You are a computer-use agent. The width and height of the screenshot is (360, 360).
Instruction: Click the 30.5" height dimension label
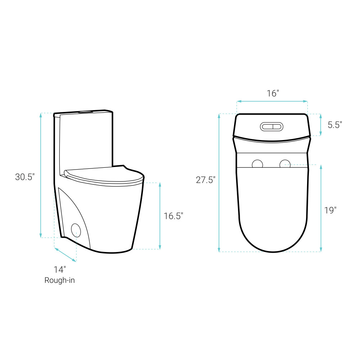click(x=25, y=177)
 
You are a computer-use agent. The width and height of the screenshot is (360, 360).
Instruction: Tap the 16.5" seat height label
click(x=174, y=216)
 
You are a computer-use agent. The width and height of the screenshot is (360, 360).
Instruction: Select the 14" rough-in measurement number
click(x=60, y=270)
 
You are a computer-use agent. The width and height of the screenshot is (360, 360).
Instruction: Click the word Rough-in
click(x=60, y=280)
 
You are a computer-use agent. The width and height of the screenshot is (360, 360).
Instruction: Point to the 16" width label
click(x=273, y=94)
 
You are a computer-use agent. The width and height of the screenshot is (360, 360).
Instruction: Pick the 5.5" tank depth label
click(x=335, y=125)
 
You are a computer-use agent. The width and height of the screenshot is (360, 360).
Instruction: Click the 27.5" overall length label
click(x=206, y=180)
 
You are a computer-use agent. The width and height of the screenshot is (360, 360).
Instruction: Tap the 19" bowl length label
click(x=330, y=210)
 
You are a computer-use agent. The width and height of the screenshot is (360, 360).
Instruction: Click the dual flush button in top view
click(x=271, y=127)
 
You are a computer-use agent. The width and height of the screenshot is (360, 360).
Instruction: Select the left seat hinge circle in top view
click(x=257, y=163)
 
